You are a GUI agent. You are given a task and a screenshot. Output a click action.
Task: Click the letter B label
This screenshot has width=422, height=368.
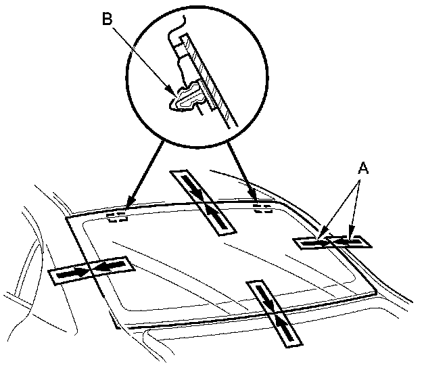click(x=107, y=19)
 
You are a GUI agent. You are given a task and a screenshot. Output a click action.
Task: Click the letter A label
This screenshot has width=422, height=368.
click(x=363, y=168)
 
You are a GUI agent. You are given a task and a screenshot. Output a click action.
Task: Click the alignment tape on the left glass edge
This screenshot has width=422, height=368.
click(x=91, y=270)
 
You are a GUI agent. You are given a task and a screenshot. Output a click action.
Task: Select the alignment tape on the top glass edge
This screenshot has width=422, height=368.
click(x=203, y=203)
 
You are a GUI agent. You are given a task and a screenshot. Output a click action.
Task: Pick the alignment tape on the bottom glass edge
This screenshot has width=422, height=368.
click(x=275, y=314)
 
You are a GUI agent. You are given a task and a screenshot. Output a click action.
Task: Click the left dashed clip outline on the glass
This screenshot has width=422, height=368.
click(x=118, y=218)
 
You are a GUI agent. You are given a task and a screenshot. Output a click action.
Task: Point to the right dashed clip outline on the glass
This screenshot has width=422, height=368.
click(x=262, y=208)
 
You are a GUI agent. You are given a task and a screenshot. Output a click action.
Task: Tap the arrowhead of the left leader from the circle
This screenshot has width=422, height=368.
click(x=131, y=202)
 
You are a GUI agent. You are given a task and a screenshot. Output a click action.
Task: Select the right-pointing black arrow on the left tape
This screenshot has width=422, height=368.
click(x=72, y=274)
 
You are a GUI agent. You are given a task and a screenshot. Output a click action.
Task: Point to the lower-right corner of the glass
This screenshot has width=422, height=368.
click(x=376, y=292)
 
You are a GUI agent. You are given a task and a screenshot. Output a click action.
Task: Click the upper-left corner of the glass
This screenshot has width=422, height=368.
click(x=66, y=217)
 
